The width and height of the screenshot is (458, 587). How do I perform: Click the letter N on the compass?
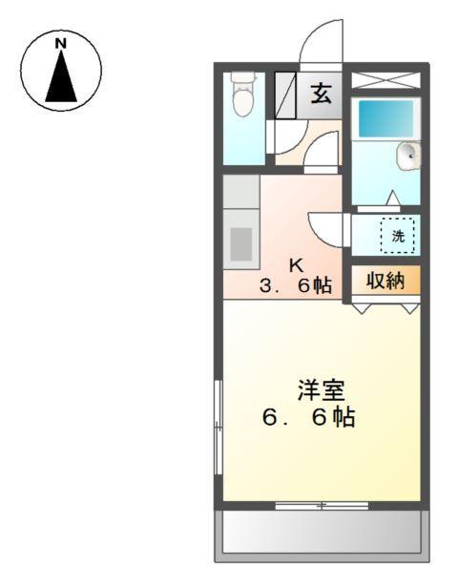click(x=60, y=44)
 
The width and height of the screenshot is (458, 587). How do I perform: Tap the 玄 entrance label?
click(x=322, y=94)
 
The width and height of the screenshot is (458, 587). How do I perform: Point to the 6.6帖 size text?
click(x=308, y=417)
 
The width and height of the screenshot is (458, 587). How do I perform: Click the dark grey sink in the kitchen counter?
click(x=242, y=243)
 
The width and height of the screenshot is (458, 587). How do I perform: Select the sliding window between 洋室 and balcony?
click(x=321, y=505)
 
